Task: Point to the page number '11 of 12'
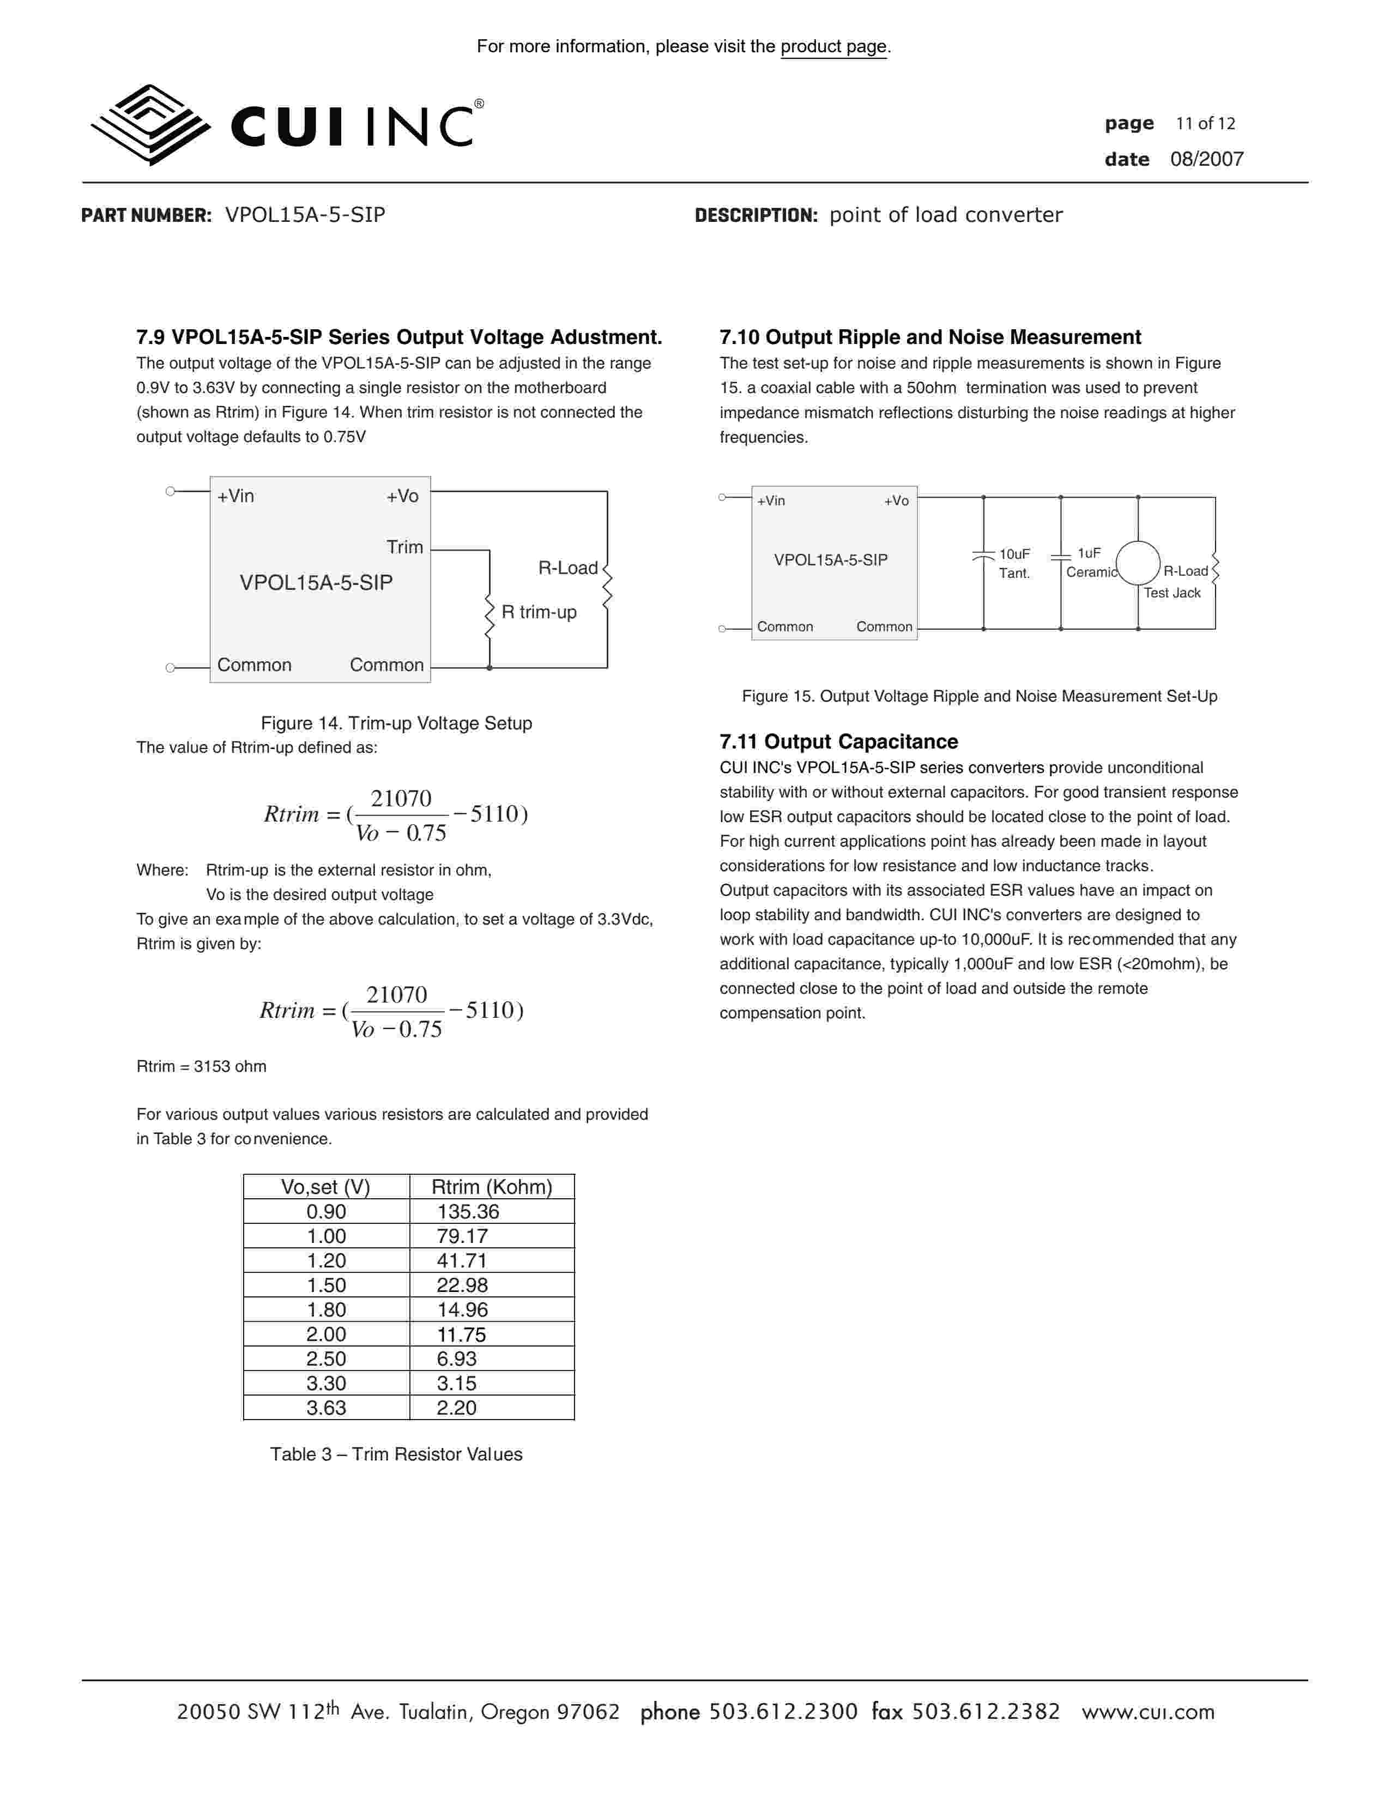tap(1205, 124)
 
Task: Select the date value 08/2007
tap(1206, 159)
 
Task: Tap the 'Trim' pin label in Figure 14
tap(404, 547)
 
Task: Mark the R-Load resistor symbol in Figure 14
tap(607, 587)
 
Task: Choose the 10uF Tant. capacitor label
tap(1014, 564)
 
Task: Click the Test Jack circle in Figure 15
tap(1137, 564)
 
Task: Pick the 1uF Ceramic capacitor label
tap(1090, 563)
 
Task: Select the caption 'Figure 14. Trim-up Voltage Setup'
tap(396, 723)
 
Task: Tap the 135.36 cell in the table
tap(468, 1212)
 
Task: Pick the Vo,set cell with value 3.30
tap(326, 1383)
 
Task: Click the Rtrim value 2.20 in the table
tap(456, 1408)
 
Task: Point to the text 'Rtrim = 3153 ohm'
tap(202, 1067)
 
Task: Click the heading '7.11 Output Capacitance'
tap(838, 741)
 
